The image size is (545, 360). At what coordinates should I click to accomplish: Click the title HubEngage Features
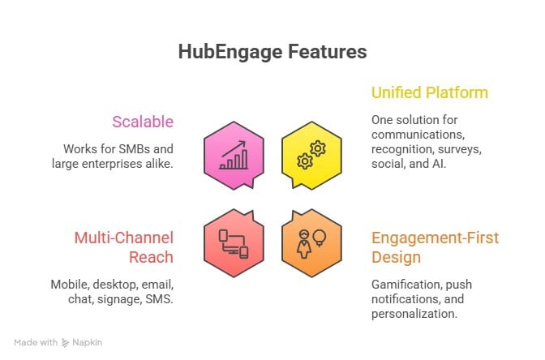pyautogui.click(x=272, y=52)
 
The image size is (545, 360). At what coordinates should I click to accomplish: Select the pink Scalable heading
pyautogui.click(x=143, y=122)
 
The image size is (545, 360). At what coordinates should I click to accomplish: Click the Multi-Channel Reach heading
pyautogui.click(x=124, y=247)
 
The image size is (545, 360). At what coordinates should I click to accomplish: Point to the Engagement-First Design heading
pyautogui.click(x=435, y=247)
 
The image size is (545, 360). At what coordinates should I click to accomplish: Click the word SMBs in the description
pyautogui.click(x=136, y=149)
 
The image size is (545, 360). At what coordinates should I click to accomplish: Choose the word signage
pyautogui.click(x=122, y=300)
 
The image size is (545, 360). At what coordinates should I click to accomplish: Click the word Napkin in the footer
pyautogui.click(x=88, y=343)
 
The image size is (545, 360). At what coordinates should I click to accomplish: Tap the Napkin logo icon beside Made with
pyautogui.click(x=65, y=343)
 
